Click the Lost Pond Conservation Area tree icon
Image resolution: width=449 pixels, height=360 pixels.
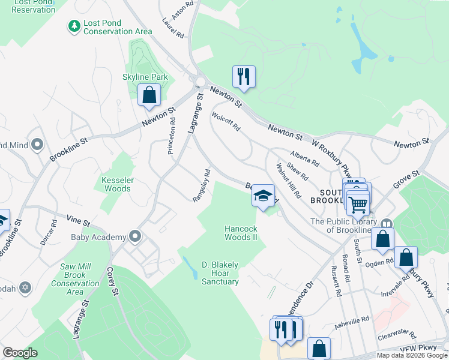pyautogui.click(x=74, y=26)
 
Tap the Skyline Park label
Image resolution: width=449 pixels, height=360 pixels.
pyautogui.click(x=145, y=77)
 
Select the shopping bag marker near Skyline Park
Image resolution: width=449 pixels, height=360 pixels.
pyautogui.click(x=149, y=95)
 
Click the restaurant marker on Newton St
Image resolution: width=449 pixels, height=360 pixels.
pyautogui.click(x=244, y=77)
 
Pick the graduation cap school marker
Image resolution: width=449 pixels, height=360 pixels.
pyautogui.click(x=263, y=196)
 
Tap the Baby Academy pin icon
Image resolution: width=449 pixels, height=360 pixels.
pyautogui.click(x=135, y=236)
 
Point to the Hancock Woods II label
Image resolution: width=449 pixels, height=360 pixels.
pyautogui.click(x=241, y=233)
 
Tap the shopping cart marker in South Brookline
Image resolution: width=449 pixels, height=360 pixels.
pyautogui.click(x=358, y=204)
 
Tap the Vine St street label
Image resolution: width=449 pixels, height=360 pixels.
pyautogui.click(x=78, y=221)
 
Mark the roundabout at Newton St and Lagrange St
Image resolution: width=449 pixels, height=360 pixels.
pyautogui.click(x=200, y=83)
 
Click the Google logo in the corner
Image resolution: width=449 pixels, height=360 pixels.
pyautogui.click(x=20, y=353)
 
